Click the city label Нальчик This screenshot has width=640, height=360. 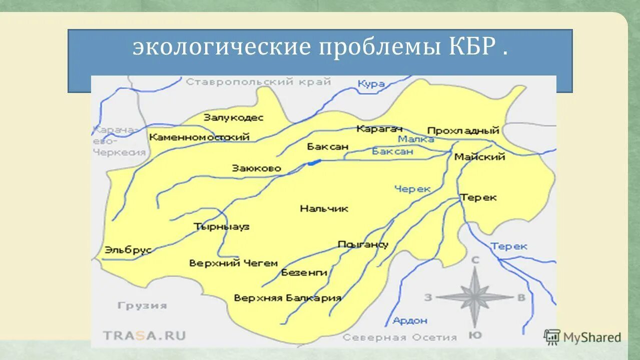tap(324, 208)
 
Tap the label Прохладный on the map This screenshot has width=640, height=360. tap(463, 130)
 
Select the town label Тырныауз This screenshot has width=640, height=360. tap(221, 226)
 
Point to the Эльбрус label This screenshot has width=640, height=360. tap(128, 250)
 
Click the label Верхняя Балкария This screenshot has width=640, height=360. tap(287, 298)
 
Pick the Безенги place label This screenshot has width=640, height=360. tap(304, 272)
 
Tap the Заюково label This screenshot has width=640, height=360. tap(256, 168)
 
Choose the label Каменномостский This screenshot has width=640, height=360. tap(199, 137)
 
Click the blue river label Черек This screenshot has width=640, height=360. tap(412, 188)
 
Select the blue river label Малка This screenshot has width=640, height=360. tap(416, 139)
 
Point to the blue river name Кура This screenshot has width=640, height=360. tap(371, 83)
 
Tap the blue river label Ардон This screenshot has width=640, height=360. tap(410, 320)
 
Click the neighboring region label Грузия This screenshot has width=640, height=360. tap(142, 305)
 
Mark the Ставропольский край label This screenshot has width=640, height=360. tap(258, 82)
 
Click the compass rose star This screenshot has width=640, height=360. tap(474, 297)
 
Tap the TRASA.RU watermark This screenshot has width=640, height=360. tap(144, 335)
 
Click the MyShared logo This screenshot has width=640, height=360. tap(582, 337)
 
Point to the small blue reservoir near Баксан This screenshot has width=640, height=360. tap(314, 162)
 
